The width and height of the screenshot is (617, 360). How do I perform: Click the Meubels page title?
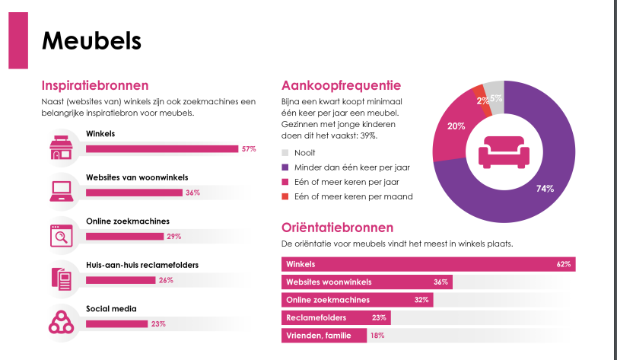point(91,40)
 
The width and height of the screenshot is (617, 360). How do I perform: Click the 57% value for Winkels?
point(248,148)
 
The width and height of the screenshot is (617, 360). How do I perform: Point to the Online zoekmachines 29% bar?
point(125,236)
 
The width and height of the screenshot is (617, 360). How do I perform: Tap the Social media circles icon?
point(60,320)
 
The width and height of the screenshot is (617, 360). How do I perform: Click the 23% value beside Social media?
point(158,323)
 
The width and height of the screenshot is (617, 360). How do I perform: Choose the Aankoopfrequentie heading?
point(341,85)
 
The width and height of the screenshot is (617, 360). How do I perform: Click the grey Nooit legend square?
point(286,153)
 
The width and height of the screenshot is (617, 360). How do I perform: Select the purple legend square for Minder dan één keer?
point(286,167)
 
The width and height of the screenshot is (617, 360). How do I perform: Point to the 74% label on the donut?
point(544,189)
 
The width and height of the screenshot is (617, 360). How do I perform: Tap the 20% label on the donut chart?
point(456,126)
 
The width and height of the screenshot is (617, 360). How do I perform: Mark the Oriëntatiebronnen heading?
point(337,227)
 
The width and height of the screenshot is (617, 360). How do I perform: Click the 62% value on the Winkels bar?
point(563,265)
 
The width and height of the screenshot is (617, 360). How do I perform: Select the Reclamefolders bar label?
point(316,317)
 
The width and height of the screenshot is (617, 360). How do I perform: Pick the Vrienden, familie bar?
point(324,336)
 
